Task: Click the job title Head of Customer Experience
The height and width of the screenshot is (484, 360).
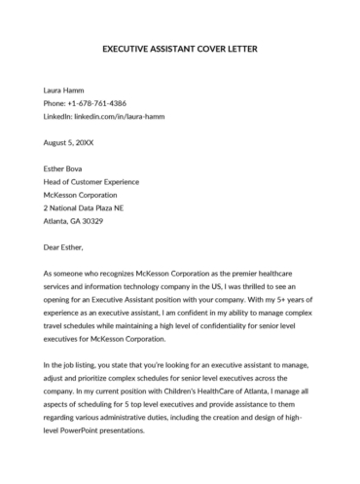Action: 91,180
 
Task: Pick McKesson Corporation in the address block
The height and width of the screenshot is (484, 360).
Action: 86,193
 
